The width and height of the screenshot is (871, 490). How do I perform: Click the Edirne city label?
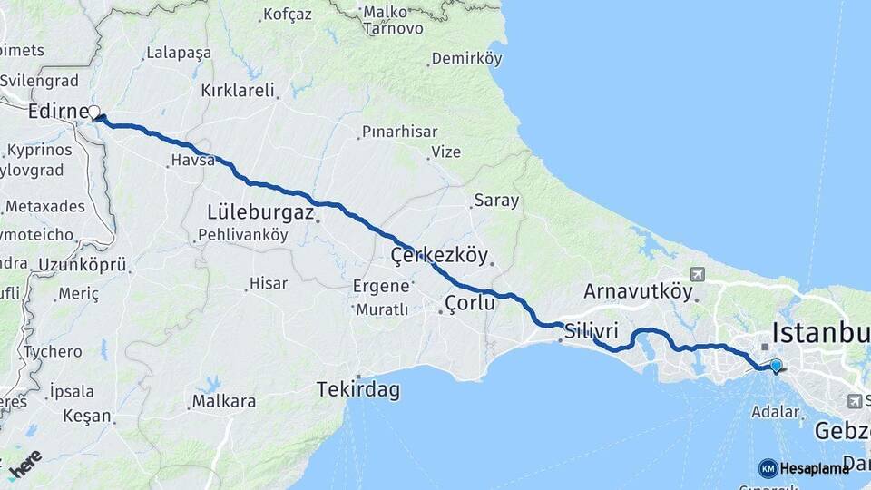point(56,111)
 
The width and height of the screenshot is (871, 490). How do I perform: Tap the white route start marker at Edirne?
point(93,113)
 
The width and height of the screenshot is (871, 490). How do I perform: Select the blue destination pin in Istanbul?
point(776,366)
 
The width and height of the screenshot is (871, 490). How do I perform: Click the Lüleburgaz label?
point(260,212)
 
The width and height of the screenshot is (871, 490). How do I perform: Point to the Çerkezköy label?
point(439,255)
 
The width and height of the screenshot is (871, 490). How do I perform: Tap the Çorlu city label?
point(470,303)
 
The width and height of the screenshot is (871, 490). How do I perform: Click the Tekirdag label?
point(357,390)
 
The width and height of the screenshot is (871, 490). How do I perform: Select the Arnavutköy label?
point(638,292)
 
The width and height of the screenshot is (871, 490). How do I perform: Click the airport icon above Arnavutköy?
point(697,274)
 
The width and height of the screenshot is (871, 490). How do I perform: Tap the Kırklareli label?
point(238,91)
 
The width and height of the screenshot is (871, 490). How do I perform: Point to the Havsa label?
point(192,161)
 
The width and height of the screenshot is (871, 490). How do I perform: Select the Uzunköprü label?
point(83,265)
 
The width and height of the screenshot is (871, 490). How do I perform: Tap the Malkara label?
point(223,400)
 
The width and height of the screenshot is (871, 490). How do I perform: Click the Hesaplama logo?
point(804,468)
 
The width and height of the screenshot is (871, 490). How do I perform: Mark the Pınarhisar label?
point(399,132)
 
